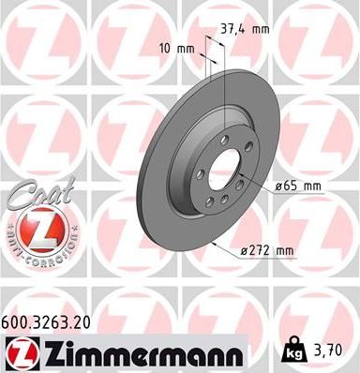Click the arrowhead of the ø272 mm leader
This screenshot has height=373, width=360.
[217, 244]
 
